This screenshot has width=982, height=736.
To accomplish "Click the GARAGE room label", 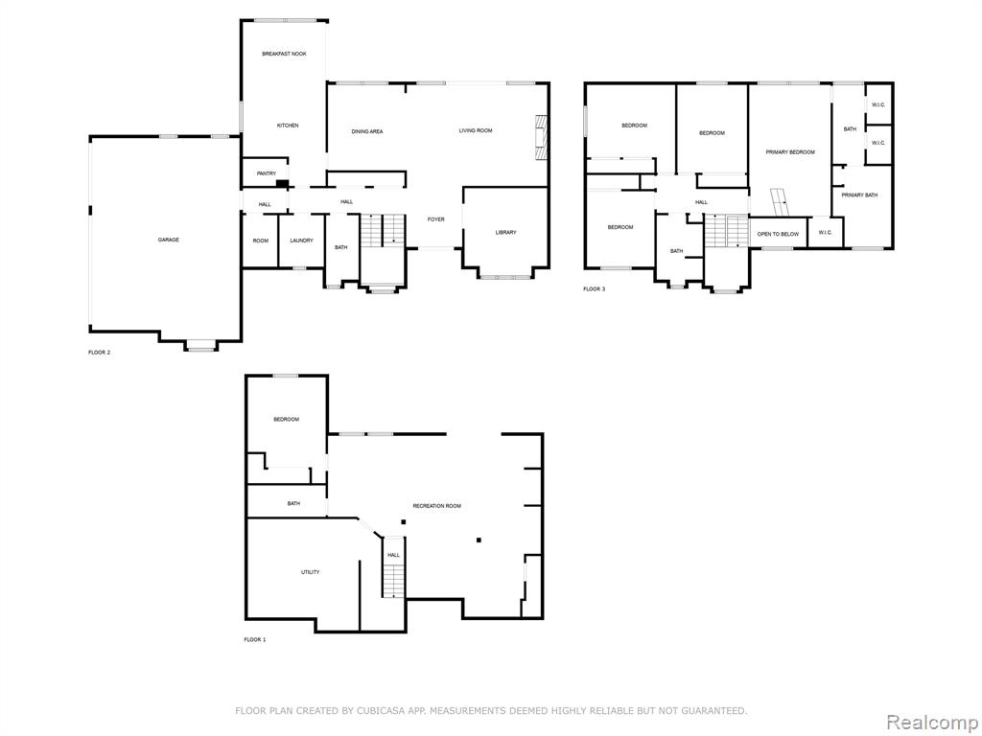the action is tap(169, 240).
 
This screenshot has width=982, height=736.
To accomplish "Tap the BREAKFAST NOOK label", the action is tap(284, 55).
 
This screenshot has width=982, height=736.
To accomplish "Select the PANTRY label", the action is tap(267, 173).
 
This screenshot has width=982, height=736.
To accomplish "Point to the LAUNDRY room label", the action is tap(301, 241).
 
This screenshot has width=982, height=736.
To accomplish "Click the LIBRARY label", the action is tap(506, 233).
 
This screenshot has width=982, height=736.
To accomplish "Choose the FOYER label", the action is tap(436, 219).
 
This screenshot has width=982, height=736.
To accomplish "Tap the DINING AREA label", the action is tap(367, 132).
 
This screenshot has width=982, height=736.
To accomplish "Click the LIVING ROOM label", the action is tap(476, 130).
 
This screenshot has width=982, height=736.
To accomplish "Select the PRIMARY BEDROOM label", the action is tap(790, 152).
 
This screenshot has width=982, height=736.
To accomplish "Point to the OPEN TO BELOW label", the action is tap(778, 234).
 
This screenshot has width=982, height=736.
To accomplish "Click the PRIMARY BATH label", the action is tap(859, 195).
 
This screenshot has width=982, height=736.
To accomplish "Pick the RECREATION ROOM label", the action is tap(437, 506).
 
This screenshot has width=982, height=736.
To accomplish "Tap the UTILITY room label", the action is tap(310, 572).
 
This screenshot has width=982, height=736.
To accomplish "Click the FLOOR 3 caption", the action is tap(595, 289).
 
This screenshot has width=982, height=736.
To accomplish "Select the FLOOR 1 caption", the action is tap(255, 639).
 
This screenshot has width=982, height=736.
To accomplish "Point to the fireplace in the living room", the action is tap(541, 138).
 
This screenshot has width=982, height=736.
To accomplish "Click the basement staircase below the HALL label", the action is tap(393, 580).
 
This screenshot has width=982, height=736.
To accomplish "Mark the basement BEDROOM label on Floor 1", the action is tap(286, 420).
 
